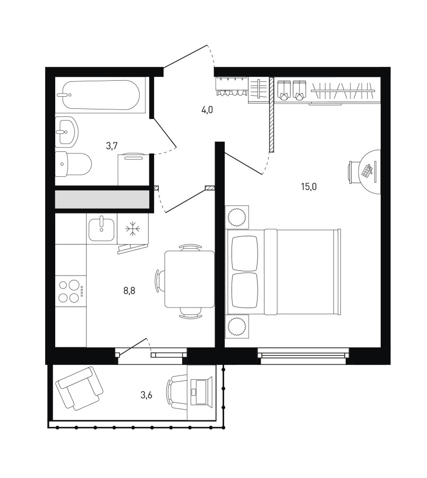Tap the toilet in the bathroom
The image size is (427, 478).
[x=73, y=164]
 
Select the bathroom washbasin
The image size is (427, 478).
[x=67, y=132]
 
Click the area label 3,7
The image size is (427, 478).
[x=112, y=146]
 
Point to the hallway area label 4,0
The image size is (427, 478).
[x=207, y=110]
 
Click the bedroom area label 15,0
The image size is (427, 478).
[x=309, y=186]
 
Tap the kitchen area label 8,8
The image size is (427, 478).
[x=129, y=291]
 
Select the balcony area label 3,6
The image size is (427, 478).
[x=146, y=395]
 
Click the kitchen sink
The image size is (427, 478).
[x=101, y=228]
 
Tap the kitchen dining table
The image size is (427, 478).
[x=189, y=279]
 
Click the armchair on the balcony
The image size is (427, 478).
[x=79, y=388]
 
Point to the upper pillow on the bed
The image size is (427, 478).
[x=245, y=253]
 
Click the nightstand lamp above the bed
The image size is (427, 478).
[x=237, y=217]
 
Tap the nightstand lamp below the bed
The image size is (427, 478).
[x=237, y=327]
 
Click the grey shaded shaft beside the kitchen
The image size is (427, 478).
[x=102, y=200]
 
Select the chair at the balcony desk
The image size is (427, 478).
[x=177, y=392]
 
